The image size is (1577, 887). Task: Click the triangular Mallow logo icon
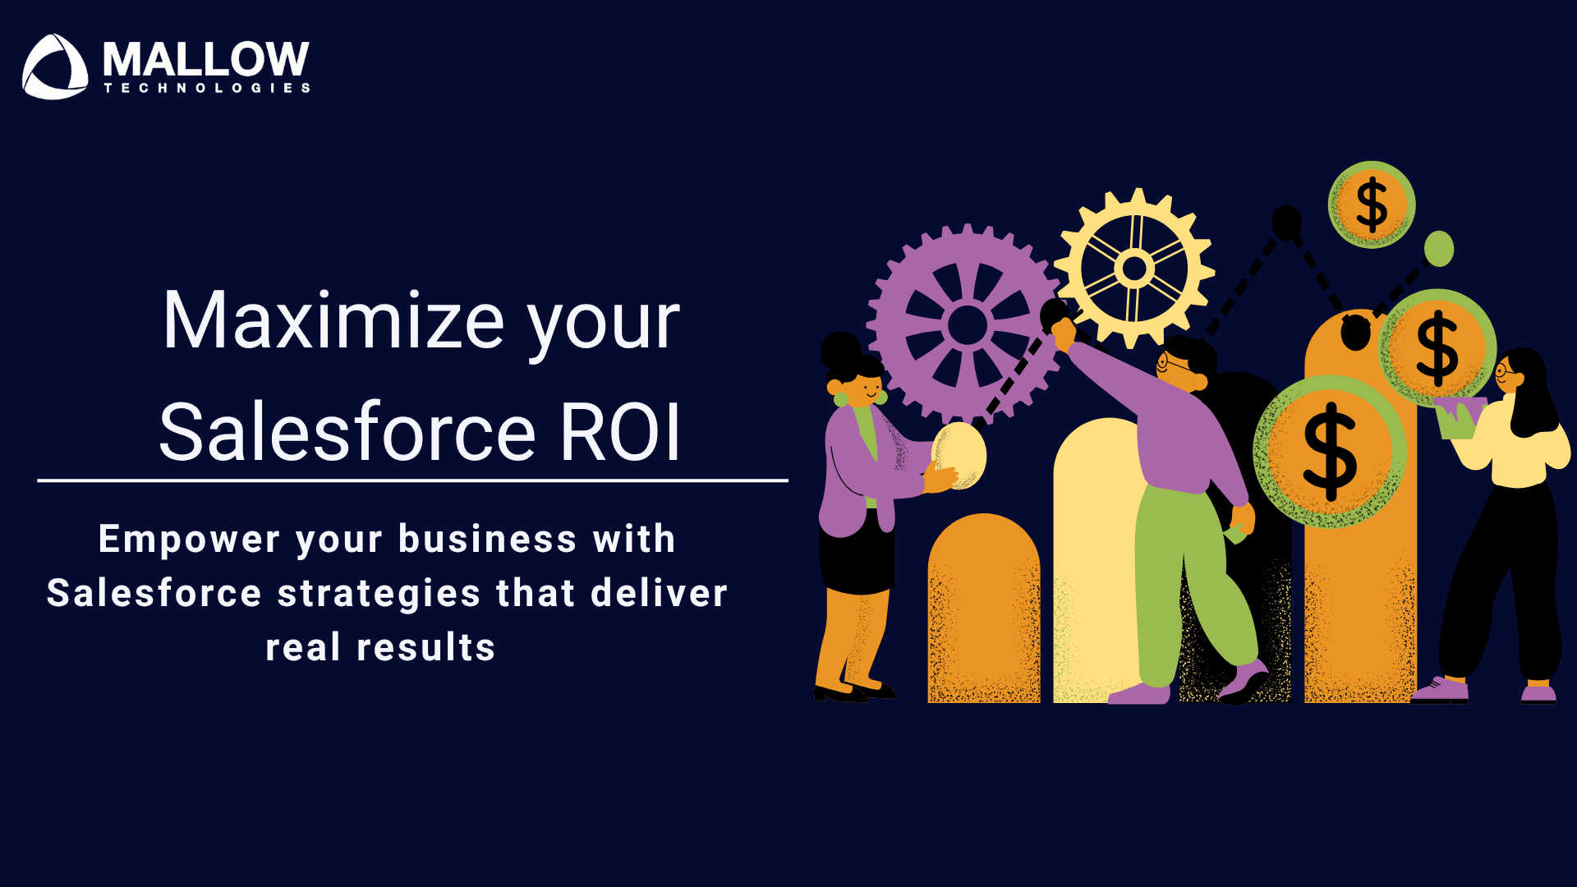coord(55,67)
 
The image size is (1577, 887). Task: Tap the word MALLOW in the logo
coord(206,59)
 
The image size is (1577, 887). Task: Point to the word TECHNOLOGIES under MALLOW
coord(207,88)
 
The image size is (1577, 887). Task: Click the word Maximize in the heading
coord(333,321)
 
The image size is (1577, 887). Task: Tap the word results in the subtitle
coord(426,647)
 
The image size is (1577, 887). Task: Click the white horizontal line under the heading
coord(412,480)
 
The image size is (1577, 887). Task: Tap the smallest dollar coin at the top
coord(1372,205)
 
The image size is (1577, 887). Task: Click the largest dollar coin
coord(1330,451)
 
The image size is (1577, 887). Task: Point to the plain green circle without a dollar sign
coord(1439,249)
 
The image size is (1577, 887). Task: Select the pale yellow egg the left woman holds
coord(959,456)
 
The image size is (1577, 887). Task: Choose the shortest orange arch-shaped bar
coord(984,609)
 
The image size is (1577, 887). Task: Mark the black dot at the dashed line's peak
coord(1287,222)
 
